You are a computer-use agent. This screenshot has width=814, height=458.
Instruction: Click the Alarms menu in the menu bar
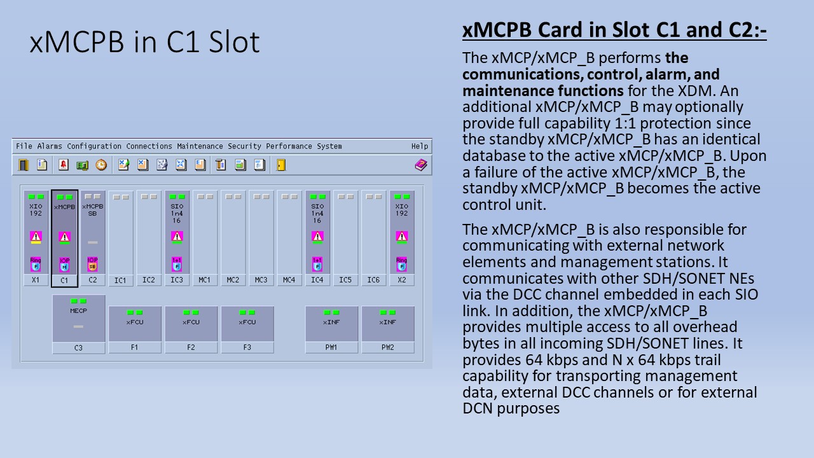point(50,146)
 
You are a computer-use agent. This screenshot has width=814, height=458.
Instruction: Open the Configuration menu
point(94,146)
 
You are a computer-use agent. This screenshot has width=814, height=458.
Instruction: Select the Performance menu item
point(289,146)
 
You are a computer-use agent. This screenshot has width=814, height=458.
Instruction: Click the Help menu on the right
point(419,146)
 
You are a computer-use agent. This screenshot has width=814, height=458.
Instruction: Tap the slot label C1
point(64,280)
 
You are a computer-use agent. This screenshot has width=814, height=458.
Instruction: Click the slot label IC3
point(177,280)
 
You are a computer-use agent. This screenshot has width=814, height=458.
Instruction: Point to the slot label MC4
point(289,280)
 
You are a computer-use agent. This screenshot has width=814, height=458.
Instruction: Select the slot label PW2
point(388,347)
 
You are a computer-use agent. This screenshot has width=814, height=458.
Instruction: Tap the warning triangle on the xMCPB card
point(64,237)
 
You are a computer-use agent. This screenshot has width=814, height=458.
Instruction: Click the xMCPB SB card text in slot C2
point(92,210)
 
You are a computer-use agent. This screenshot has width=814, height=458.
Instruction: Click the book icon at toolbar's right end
point(421,165)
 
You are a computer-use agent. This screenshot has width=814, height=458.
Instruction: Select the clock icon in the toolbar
point(101,165)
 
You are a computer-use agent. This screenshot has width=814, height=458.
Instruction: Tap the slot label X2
point(402,280)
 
